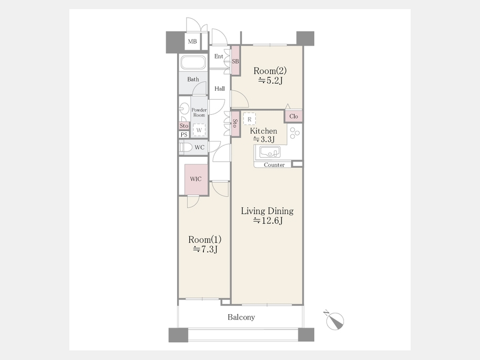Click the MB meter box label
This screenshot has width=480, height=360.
192,41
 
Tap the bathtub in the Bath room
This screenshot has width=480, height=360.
193,63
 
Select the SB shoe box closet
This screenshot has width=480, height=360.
235,61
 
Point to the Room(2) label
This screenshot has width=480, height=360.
270,71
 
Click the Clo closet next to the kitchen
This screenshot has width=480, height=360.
293,116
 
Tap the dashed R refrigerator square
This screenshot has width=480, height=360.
250,119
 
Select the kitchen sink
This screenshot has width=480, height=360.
270,152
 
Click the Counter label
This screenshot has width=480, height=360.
274,165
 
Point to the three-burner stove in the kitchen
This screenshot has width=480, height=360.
295,133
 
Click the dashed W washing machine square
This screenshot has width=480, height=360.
199,130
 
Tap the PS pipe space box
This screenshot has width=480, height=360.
184,134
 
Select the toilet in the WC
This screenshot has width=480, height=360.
186,148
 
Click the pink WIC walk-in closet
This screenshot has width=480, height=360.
196,179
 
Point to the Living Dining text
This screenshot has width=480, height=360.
267,211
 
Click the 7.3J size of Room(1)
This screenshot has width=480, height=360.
205,249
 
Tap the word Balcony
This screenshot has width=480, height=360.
241,317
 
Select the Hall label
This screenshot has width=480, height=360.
220,89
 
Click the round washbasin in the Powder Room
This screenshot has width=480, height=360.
185,109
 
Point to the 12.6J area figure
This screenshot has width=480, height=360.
268,220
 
